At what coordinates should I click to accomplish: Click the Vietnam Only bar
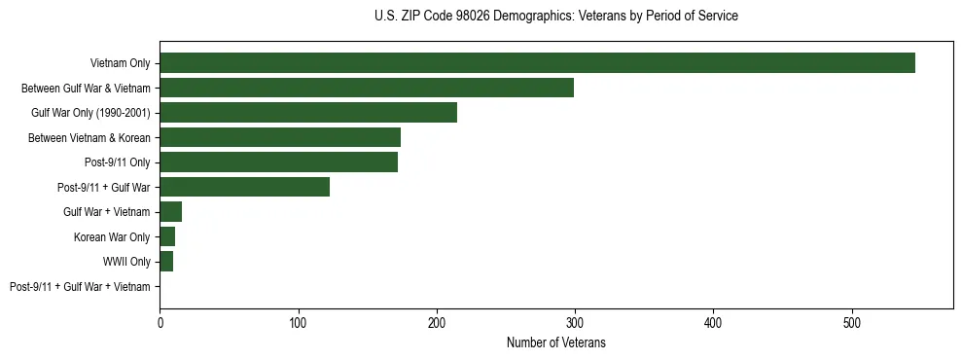coord(537,63)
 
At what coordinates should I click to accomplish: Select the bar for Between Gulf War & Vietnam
coord(367,88)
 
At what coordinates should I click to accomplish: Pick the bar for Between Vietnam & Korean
coord(280,137)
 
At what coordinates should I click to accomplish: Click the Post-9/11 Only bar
coord(278,162)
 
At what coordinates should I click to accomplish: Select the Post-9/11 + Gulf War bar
coord(244,187)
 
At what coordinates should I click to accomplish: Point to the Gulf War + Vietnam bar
coord(170,212)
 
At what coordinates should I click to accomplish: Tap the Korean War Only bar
coord(167,236)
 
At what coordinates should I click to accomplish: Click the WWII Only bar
coord(166,262)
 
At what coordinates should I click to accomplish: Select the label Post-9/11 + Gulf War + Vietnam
coord(80,287)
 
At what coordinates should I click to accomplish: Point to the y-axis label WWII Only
coord(126,263)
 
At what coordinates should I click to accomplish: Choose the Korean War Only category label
coord(112,237)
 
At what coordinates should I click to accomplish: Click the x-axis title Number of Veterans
coord(555,342)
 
